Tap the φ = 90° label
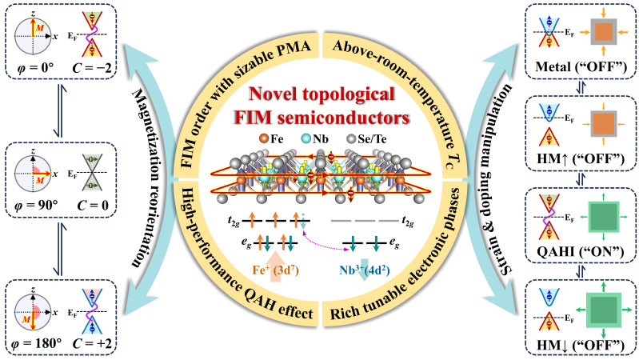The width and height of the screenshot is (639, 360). click(34, 206)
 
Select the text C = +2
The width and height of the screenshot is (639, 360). click(92, 343)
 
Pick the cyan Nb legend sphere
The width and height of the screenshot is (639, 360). click(306, 138)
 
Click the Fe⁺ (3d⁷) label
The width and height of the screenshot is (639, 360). click(275, 270)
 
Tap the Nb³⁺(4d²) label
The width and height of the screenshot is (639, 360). click(365, 270)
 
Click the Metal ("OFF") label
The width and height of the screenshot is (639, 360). click(581, 66)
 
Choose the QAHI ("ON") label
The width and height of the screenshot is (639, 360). click(581, 251)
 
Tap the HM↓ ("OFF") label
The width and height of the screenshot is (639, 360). click(581, 345)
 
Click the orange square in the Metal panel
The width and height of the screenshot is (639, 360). click(604, 32)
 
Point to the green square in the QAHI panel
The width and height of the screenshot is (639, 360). click(604, 217)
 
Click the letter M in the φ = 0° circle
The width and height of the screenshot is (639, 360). click(39, 29)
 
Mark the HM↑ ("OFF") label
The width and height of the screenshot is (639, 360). click(581, 159)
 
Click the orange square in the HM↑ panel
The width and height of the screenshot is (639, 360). click(604, 123)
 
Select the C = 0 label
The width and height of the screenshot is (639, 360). click(93, 206)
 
